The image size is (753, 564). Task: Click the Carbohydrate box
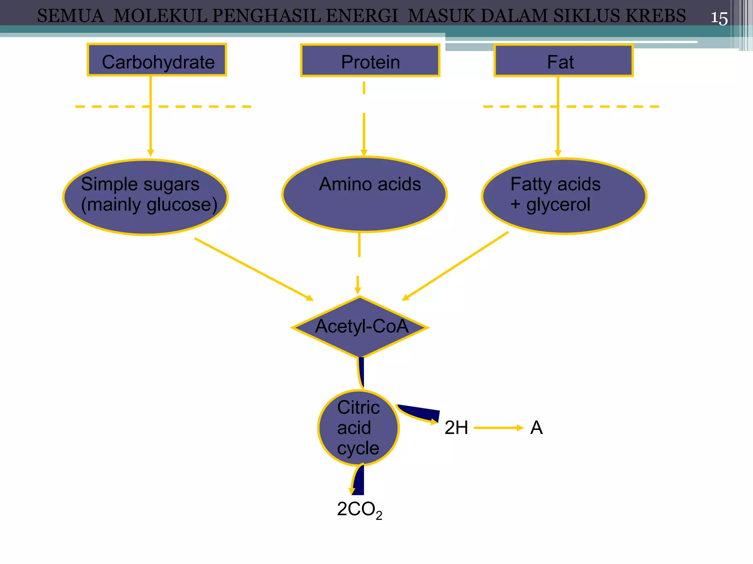click(x=157, y=60)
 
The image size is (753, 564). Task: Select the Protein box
click(x=370, y=61)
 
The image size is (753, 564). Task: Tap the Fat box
click(x=563, y=61)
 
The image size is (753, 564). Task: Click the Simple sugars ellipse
click(x=146, y=197)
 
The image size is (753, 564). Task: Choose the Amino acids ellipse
click(x=364, y=195)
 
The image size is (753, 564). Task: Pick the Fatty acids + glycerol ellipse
click(x=564, y=196)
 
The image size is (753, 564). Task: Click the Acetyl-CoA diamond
click(x=360, y=327)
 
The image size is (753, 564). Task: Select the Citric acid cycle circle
click(x=358, y=428)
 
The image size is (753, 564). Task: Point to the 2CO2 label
click(x=359, y=510)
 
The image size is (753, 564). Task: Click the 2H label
click(x=456, y=428)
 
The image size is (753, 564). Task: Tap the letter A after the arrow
click(x=536, y=428)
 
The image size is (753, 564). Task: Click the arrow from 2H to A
click(x=498, y=428)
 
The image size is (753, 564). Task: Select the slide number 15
click(x=719, y=18)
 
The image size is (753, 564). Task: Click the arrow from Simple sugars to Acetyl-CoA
click(x=254, y=269)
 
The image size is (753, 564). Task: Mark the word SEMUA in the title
click(x=71, y=16)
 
